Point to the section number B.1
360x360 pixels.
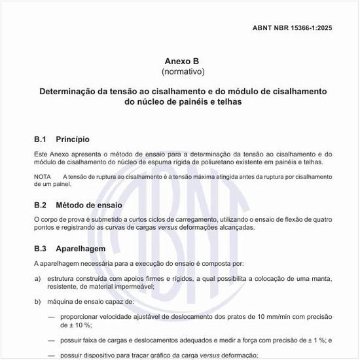(41, 139)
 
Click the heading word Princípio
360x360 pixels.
(73, 139)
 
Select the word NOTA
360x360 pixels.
(42, 177)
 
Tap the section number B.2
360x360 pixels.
(41, 205)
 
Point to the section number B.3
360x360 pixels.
(41, 249)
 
